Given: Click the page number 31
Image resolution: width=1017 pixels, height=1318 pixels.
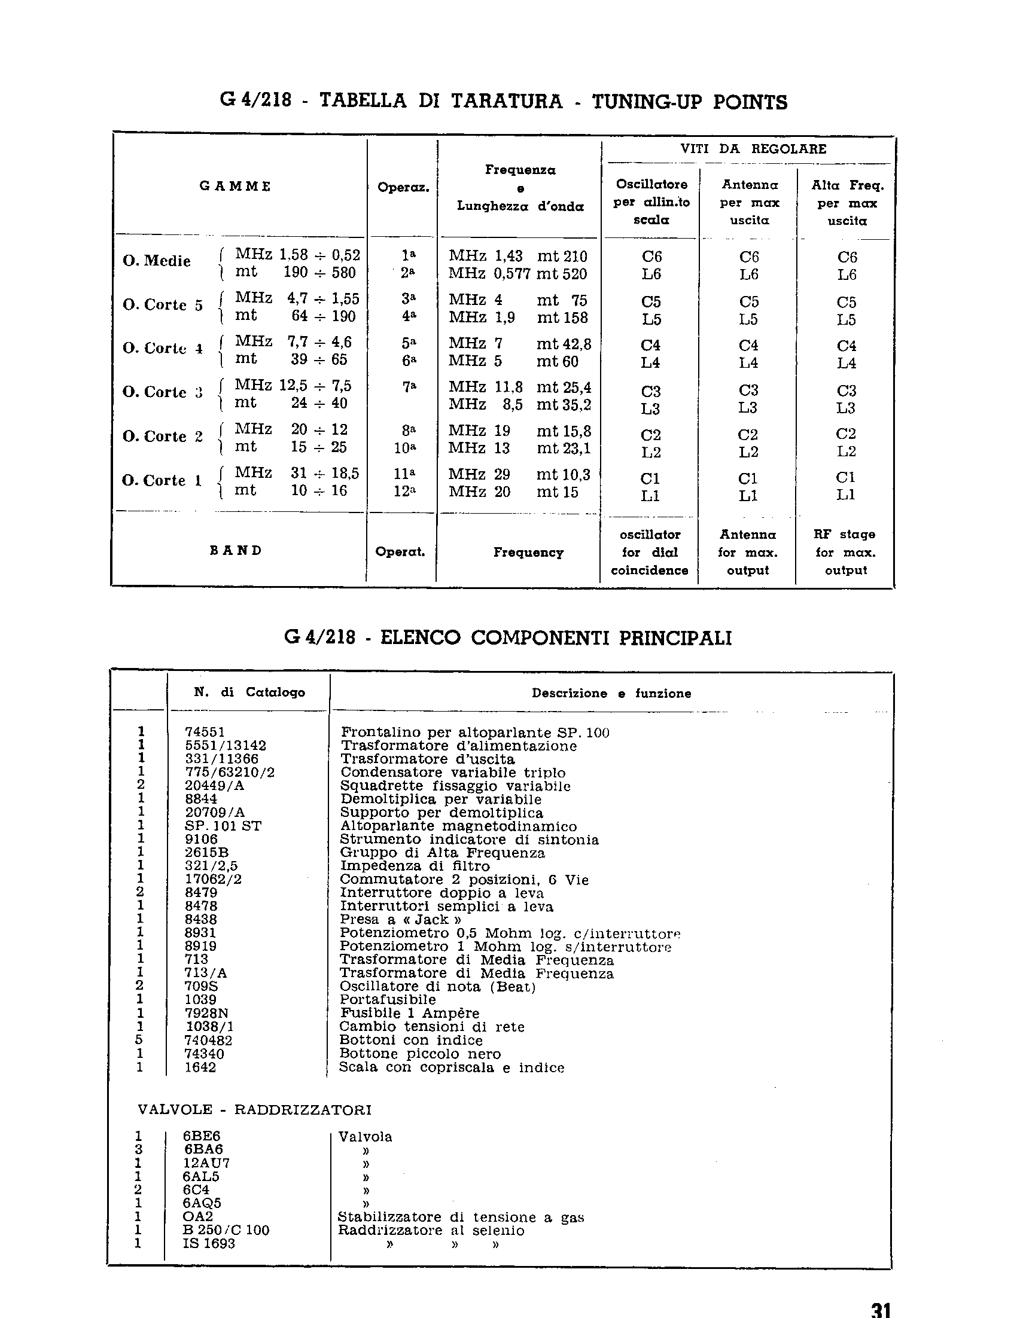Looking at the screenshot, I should tap(881, 1308).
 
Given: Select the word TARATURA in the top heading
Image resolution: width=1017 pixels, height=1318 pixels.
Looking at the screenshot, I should tap(506, 101).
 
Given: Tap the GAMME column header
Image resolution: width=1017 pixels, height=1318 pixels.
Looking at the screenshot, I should tap(235, 187).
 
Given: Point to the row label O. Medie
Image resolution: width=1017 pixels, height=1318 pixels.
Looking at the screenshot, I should tap(157, 261).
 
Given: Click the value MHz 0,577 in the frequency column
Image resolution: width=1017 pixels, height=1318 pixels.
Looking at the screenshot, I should tap(489, 274).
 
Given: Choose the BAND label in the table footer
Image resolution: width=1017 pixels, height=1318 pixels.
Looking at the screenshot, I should tap(236, 550).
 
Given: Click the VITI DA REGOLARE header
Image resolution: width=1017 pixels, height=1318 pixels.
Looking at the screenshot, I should tap(753, 149).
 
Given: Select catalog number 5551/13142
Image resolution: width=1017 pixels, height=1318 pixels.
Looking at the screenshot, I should tap(225, 746).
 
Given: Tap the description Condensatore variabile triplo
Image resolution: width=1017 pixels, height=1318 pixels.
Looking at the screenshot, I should tap(453, 773).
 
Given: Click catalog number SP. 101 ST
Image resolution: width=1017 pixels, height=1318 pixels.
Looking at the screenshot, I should tap(223, 826).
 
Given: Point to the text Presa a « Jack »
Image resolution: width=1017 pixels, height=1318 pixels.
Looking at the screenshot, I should tap(400, 919).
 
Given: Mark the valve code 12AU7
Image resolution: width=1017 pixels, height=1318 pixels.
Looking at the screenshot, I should tap(206, 1163).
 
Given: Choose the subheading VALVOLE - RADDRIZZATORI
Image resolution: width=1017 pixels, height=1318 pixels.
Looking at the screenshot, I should tap(254, 1109).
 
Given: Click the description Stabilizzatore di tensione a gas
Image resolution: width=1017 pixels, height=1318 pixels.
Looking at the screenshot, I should tap(461, 1217).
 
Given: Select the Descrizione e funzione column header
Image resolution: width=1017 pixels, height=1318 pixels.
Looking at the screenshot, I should tap(611, 694).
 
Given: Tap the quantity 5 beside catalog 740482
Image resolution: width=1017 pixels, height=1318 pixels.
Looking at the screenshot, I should tap(139, 1039).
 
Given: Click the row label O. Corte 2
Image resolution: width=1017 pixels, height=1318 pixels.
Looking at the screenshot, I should tap(162, 437).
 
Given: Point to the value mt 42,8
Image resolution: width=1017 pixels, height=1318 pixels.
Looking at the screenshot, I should tap(564, 344).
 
